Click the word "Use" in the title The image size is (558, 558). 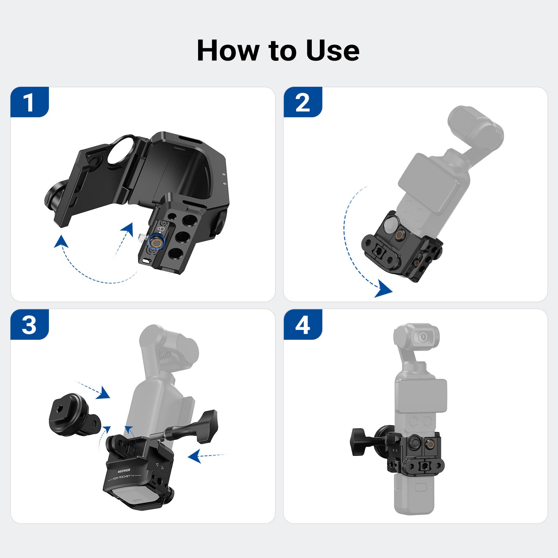pyautogui.click(x=333, y=51)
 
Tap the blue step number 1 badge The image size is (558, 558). pyautogui.click(x=30, y=102)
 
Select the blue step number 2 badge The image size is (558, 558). pyautogui.click(x=303, y=102)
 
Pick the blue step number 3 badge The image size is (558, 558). pyautogui.click(x=30, y=324)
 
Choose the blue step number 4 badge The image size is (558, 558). pyautogui.click(x=303, y=324)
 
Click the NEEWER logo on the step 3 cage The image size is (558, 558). pyautogui.click(x=124, y=471)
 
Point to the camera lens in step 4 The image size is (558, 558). pyautogui.click(x=423, y=337)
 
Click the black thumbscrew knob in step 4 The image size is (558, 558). pyautogui.click(x=359, y=442)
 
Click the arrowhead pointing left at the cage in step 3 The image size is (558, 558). pyautogui.click(x=195, y=456)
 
